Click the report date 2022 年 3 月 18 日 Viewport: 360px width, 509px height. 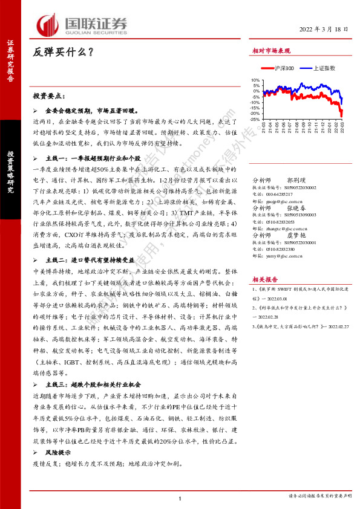coord(324,30)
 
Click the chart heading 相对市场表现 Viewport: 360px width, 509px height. coord(271,52)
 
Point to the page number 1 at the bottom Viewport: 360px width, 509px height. coord(180,498)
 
